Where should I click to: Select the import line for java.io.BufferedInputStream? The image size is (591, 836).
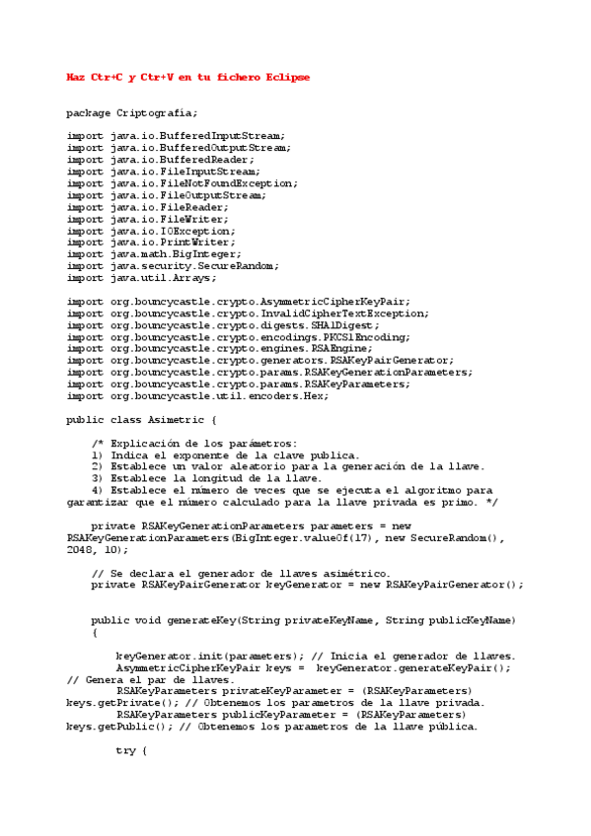pos(176,136)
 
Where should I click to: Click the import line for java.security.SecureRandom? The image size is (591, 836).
pos(173,266)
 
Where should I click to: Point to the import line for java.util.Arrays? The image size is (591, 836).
pos(141,278)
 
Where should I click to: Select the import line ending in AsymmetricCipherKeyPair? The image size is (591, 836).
pos(239,302)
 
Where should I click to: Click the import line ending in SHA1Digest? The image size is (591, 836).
pos(222,325)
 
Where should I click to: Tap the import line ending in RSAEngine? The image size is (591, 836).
pos(222,349)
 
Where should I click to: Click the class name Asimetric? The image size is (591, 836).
pos(175,420)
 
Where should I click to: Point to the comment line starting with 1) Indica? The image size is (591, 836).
pos(225,455)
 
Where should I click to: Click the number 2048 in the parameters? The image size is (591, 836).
pos(79,550)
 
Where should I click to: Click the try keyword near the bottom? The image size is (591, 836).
pos(125,751)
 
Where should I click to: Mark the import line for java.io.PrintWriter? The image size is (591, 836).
pos(151,243)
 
